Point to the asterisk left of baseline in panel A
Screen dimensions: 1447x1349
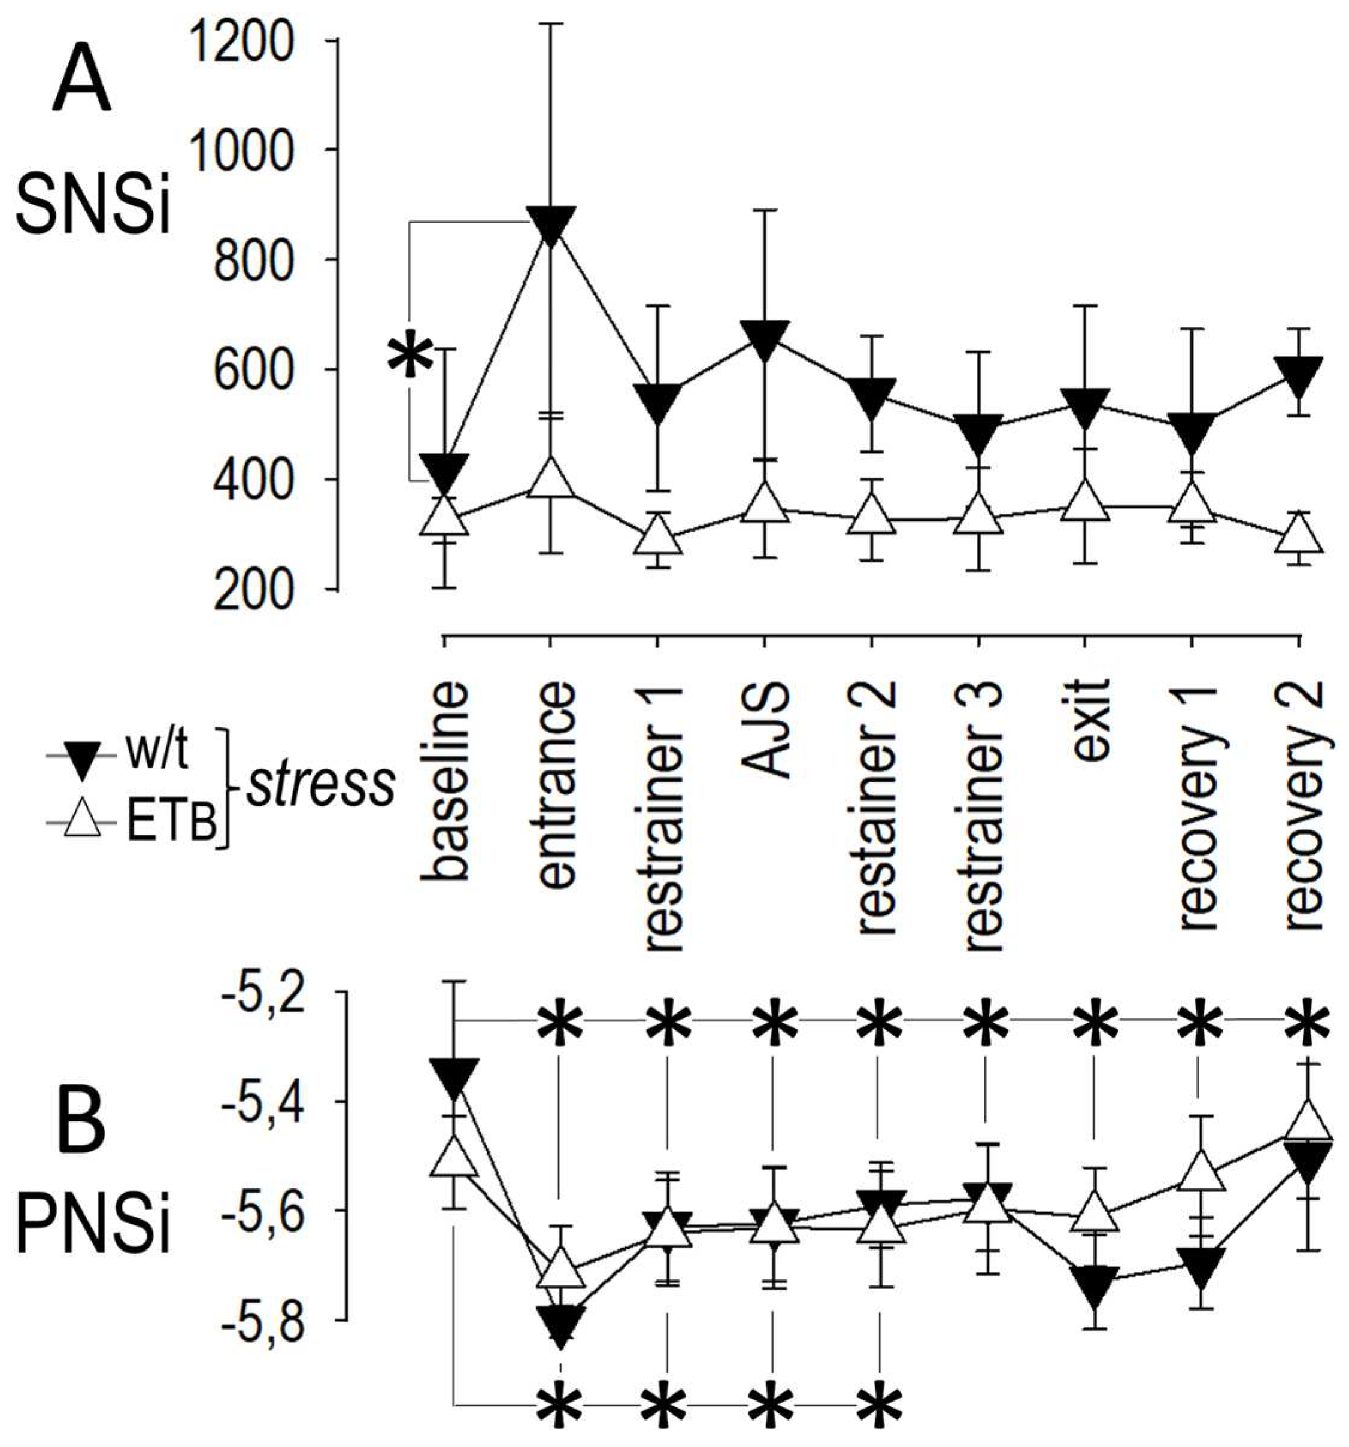pyautogui.click(x=409, y=354)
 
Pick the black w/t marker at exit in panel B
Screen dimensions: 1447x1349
pyautogui.click(x=1093, y=1285)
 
